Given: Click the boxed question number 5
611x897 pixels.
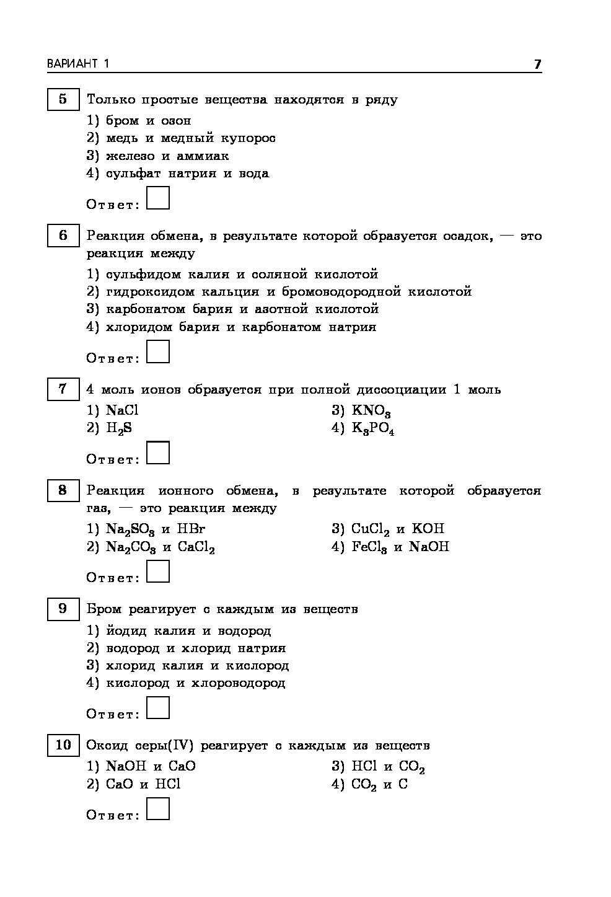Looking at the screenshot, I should [63, 99].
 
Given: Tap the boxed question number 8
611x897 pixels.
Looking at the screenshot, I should [63, 490].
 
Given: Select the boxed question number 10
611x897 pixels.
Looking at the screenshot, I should [63, 745].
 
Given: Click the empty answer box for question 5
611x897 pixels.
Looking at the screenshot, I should [158, 198].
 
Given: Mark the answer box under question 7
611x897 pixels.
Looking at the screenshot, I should [158, 453].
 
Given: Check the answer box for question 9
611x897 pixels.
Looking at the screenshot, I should [158, 708].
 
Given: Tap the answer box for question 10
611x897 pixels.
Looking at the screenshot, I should [158, 809].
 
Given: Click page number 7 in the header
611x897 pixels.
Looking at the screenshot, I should [537, 64].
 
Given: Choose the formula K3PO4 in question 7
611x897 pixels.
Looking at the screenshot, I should [373, 429].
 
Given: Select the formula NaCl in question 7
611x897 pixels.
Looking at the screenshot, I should [122, 410].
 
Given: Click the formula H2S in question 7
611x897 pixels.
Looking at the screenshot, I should [119, 428].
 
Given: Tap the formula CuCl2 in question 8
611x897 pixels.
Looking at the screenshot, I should [370, 529].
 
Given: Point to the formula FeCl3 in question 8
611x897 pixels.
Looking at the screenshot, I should [369, 547].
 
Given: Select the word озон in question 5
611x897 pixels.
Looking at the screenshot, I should [176, 120].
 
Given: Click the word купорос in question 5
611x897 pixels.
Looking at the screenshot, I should [250, 138].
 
